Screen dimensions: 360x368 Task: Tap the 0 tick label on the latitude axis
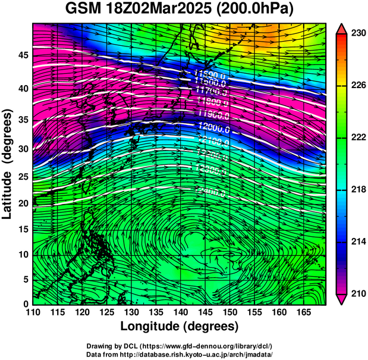[x=25, y=304]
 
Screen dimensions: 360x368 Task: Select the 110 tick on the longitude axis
[x=33, y=313]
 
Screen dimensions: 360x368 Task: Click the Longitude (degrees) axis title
[x=180, y=327]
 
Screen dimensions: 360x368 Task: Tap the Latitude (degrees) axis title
[x=8, y=164]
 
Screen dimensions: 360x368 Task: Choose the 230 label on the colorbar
[x=358, y=34]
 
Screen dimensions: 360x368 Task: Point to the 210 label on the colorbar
[x=358, y=293]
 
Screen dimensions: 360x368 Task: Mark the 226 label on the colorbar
[x=358, y=86]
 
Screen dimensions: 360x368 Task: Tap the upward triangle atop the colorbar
[x=342, y=28]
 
